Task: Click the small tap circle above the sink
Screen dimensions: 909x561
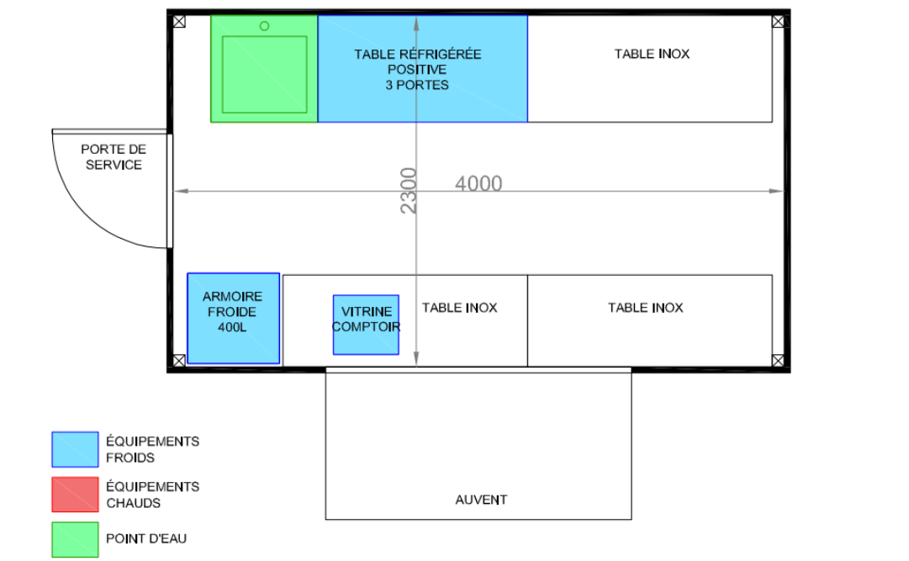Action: coord(264,26)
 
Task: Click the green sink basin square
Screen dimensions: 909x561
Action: coord(264,74)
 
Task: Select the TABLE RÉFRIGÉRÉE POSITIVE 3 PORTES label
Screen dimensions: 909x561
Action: coord(417,70)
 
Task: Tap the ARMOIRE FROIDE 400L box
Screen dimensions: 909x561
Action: coord(234,319)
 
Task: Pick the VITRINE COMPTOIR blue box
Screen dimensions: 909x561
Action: coord(366,325)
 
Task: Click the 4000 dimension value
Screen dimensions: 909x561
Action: coord(478,183)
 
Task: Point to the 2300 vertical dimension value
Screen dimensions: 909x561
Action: coord(409,191)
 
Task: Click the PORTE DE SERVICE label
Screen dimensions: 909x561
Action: coord(114,157)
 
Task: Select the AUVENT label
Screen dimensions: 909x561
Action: coord(481,500)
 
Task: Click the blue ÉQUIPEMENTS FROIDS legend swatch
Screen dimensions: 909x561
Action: coord(75,450)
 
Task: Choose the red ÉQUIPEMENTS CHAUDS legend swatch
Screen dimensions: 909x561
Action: coord(75,495)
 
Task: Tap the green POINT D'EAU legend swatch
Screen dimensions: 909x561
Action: coord(75,540)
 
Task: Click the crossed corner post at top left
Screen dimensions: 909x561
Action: coord(179,22)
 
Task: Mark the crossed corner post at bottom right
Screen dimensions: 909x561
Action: coord(778,361)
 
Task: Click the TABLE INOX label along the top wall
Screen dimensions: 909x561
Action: coord(653,54)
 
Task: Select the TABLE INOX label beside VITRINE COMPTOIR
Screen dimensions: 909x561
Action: coord(460,308)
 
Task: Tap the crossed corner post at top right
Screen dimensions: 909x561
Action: coord(778,22)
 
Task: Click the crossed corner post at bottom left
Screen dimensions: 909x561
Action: coord(179,361)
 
